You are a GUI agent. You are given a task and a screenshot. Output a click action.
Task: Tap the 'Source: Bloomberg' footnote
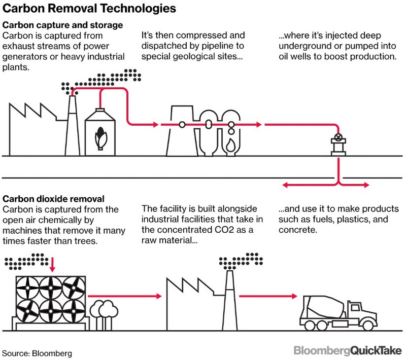37,352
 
